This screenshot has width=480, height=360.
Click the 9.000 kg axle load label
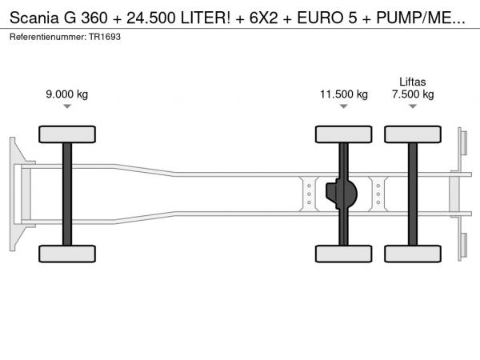tap(66, 94)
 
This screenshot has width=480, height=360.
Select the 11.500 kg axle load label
tap(344, 94)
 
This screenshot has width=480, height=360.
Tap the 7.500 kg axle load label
tap(413, 94)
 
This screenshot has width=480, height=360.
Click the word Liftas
tap(413, 82)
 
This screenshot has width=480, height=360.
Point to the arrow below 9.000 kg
tap(67, 106)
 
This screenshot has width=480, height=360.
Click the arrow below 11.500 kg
tap(344, 106)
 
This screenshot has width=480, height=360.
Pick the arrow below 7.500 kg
tap(413, 106)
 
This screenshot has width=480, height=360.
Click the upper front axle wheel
tap(67, 134)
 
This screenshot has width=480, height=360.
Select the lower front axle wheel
tap(67, 254)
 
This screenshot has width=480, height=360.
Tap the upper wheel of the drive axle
tap(344, 134)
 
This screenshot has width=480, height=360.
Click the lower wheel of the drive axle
tap(344, 254)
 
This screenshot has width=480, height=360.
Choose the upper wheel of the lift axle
tap(413, 134)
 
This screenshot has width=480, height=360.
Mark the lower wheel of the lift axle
tap(413, 254)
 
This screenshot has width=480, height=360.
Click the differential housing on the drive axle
tap(342, 194)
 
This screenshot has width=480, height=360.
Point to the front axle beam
tap(67, 194)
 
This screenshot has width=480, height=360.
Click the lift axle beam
tap(413, 194)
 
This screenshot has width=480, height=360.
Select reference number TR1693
tap(105, 37)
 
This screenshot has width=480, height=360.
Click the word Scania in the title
tap(34, 18)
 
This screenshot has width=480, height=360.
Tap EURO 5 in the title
tap(327, 18)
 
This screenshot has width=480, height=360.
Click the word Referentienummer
tap(48, 37)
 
